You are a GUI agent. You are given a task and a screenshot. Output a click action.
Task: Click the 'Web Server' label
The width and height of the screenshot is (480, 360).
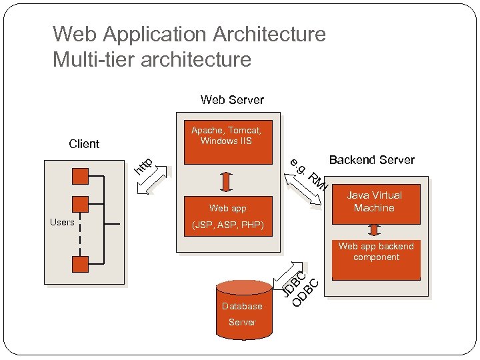[232, 100]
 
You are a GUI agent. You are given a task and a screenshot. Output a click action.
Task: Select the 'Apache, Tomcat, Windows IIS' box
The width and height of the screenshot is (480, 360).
[227, 141]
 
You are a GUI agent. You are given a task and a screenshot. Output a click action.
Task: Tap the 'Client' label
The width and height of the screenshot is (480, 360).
[84, 144]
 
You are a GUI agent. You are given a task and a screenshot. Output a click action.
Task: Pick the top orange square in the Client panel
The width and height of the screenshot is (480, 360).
[81, 177]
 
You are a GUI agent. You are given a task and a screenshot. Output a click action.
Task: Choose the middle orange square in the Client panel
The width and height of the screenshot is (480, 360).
[81, 204]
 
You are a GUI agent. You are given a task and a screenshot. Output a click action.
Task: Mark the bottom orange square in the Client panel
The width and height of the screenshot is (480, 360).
[81, 263]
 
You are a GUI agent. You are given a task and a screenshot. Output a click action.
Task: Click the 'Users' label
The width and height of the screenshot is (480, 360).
[62, 222]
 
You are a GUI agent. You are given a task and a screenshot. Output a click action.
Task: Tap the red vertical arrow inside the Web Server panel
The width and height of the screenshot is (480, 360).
[225, 181]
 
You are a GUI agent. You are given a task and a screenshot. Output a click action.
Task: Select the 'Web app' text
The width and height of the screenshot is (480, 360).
[227, 209]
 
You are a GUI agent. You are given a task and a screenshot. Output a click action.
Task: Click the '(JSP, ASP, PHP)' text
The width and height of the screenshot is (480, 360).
[227, 226]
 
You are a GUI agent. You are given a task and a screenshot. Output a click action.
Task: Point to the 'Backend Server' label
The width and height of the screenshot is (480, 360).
[371, 160]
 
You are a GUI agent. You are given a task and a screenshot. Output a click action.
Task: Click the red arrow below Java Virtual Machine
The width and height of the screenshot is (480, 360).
[374, 229]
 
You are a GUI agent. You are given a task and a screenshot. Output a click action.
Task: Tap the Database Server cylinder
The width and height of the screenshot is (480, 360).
[243, 310]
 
